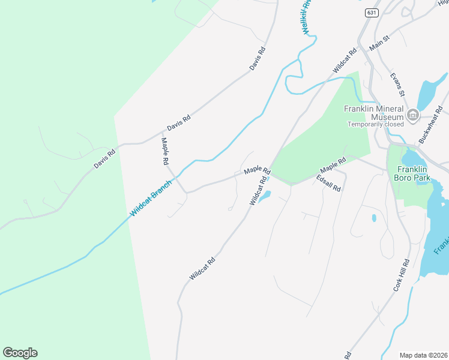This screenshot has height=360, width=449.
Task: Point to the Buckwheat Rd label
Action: click(x=430, y=124)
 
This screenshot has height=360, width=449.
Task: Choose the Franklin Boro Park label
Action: click(x=410, y=174)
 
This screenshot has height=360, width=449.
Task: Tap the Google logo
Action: click(x=20, y=352)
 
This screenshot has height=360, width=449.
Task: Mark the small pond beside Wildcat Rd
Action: click(x=265, y=196)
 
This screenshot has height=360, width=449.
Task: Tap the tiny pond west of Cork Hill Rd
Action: click(x=374, y=218)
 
